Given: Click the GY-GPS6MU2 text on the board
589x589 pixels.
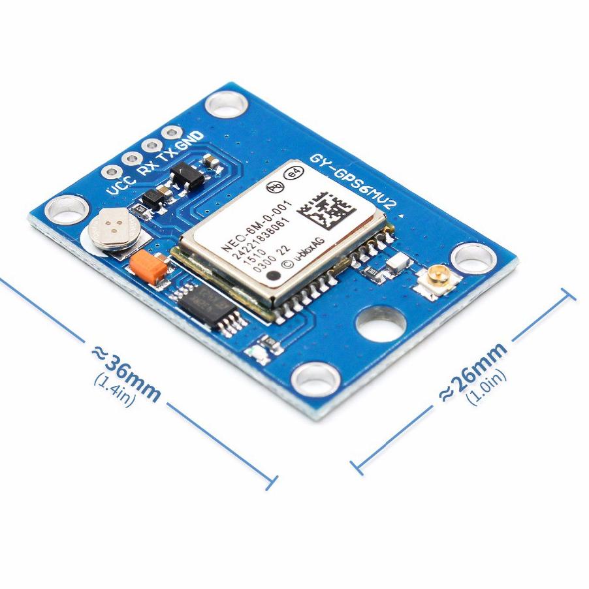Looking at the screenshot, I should click(x=353, y=182).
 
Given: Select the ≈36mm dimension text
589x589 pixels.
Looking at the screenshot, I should click(x=127, y=372).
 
